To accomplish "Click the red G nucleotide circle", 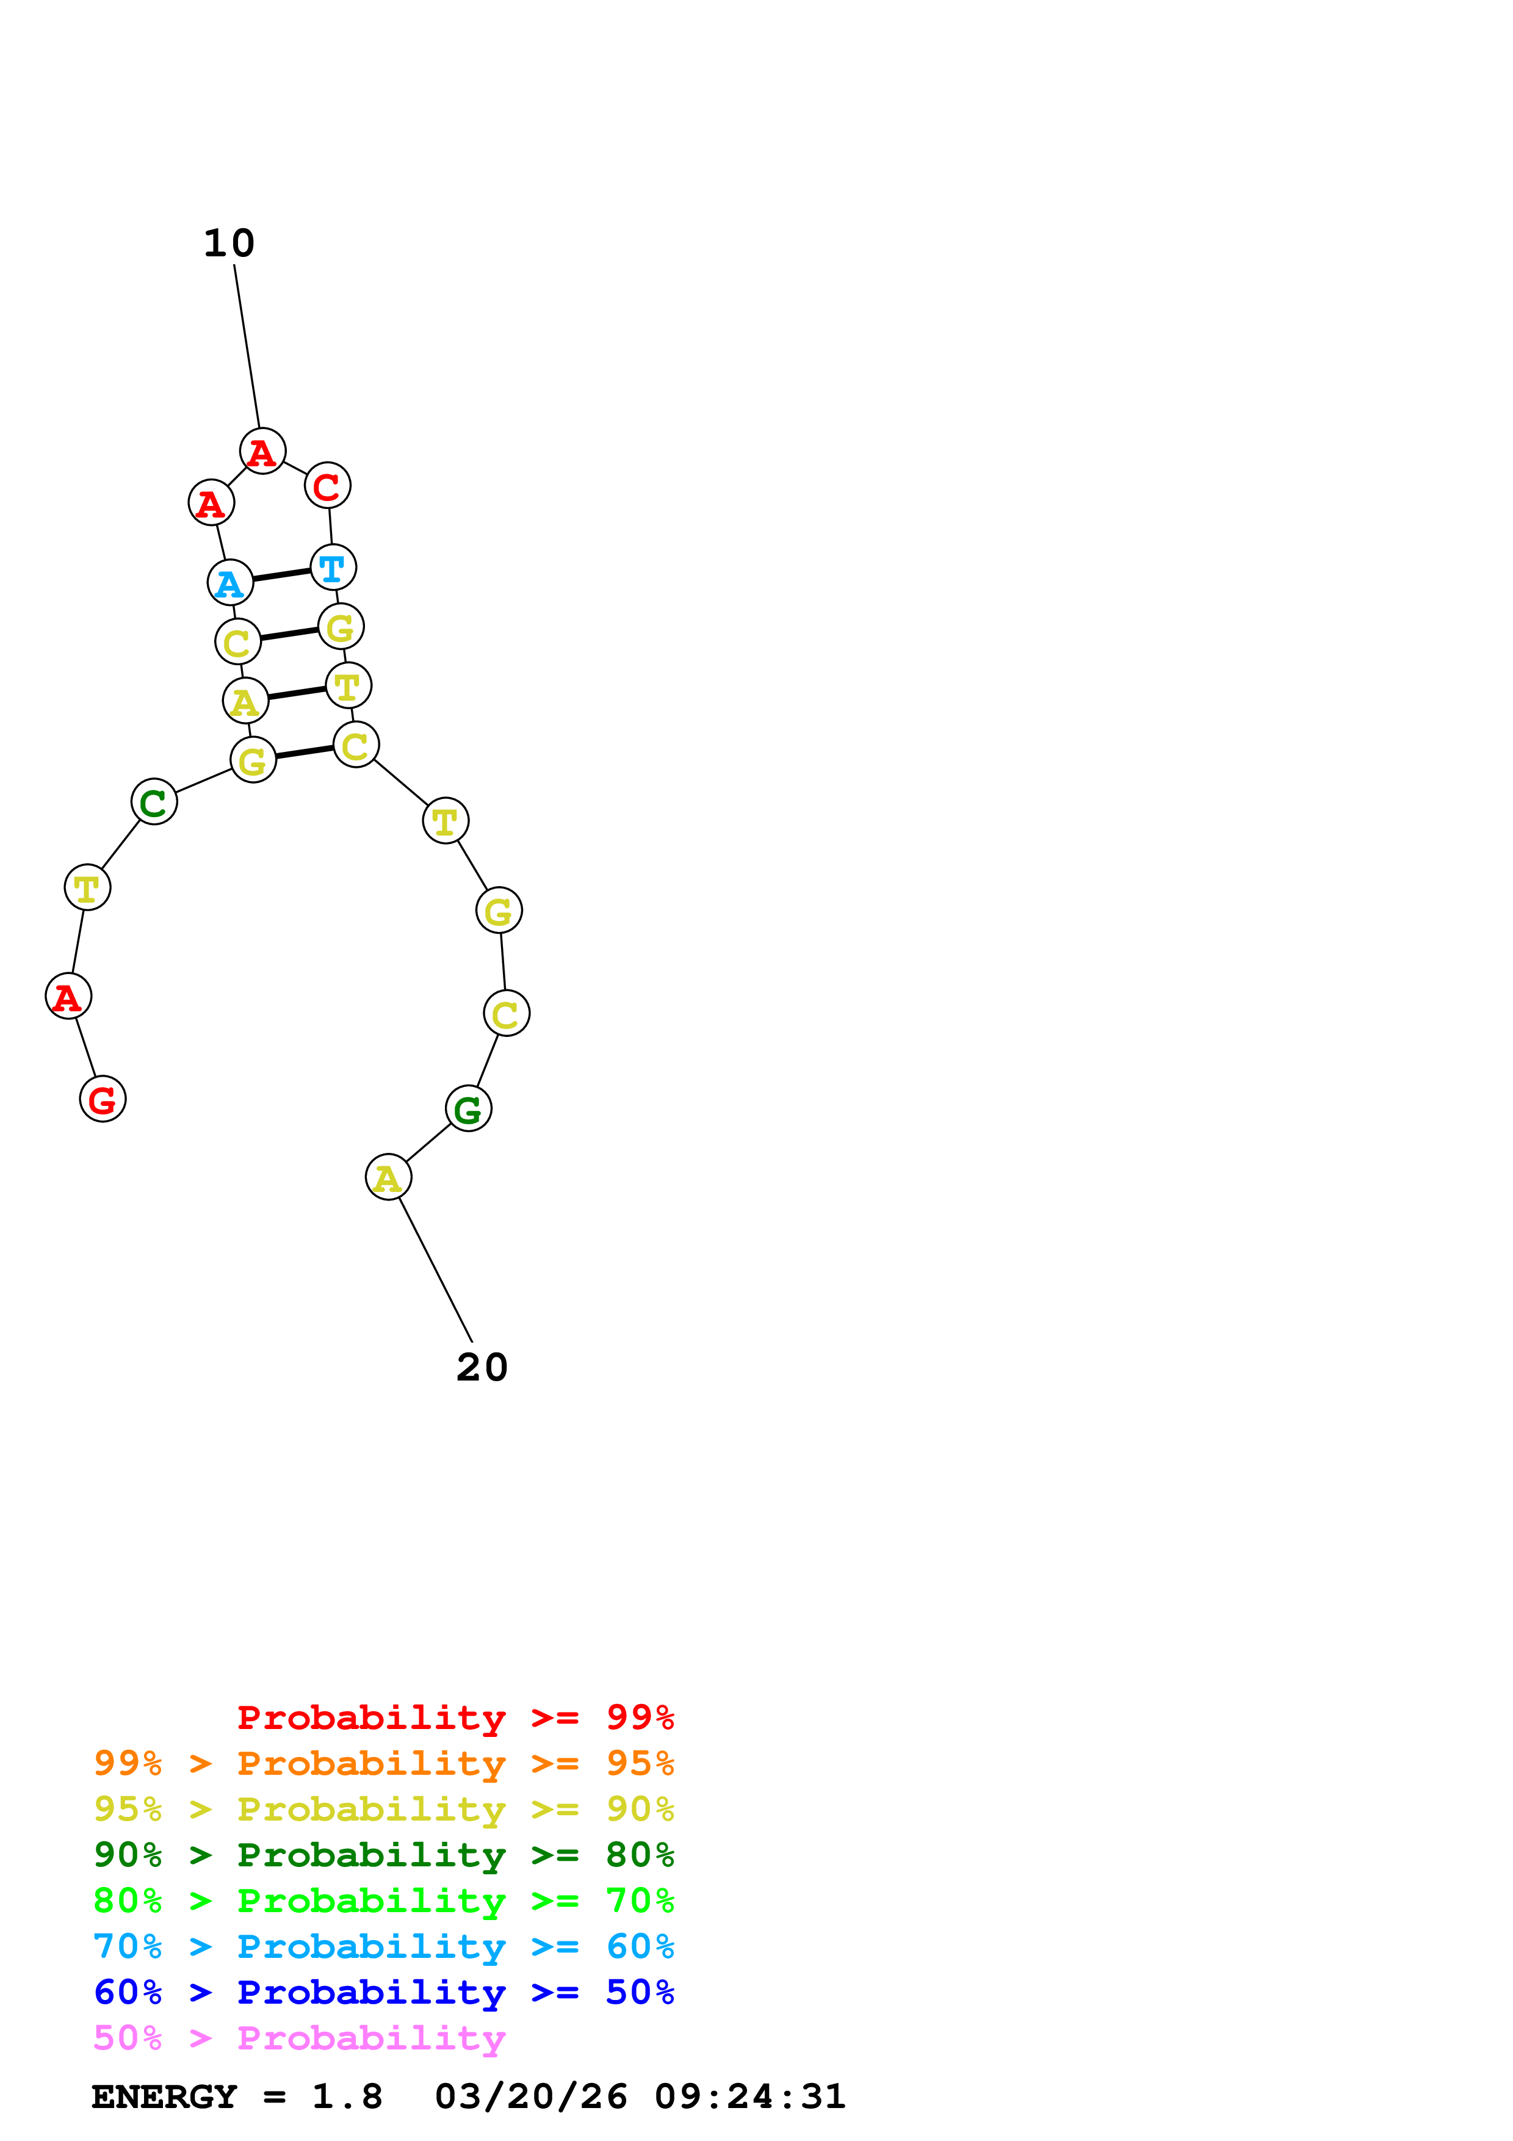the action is point(103,1099).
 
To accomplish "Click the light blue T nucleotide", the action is point(333,567).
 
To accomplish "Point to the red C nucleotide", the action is point(327,486).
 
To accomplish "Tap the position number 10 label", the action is point(228,244).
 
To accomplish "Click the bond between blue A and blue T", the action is point(281,574).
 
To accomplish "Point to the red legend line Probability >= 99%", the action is point(455,1717).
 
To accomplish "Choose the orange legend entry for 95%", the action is point(383,1763).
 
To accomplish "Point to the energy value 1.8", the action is point(347,2096).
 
